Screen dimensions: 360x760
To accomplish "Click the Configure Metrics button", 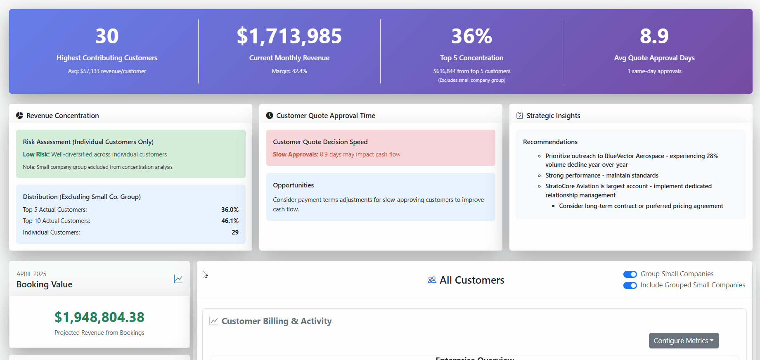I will pos(684,341).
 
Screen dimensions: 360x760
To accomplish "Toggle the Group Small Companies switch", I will pos(630,274).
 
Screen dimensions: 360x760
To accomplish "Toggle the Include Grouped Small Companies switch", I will pos(630,285).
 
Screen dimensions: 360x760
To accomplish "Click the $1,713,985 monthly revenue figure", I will pos(289,36).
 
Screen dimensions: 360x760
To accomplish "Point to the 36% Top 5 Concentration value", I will pos(471,36).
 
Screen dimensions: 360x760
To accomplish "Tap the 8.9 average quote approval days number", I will pos(654,36).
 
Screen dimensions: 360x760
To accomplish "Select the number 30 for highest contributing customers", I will pos(107,36).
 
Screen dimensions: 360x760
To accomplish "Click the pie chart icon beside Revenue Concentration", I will pos(19,116).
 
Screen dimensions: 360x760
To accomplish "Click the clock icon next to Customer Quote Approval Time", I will pos(270,116).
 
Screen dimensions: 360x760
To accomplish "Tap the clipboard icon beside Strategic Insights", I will pos(520,116).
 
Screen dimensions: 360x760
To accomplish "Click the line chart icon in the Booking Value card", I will pos(178,279).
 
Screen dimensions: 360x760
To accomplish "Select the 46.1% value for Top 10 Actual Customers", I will pos(230,221).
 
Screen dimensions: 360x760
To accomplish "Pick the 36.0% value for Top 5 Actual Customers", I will pos(230,210).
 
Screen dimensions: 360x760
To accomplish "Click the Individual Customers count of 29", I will pos(235,232).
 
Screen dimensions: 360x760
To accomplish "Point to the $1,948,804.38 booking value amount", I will pos(99,317).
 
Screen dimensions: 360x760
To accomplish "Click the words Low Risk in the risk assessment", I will pos(36,154).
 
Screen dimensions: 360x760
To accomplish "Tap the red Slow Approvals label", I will pos(295,154).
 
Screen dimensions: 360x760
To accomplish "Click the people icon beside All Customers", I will pos(432,280).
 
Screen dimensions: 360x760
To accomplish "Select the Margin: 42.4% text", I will pos(289,71).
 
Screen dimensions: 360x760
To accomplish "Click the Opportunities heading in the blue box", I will pos(293,185).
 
